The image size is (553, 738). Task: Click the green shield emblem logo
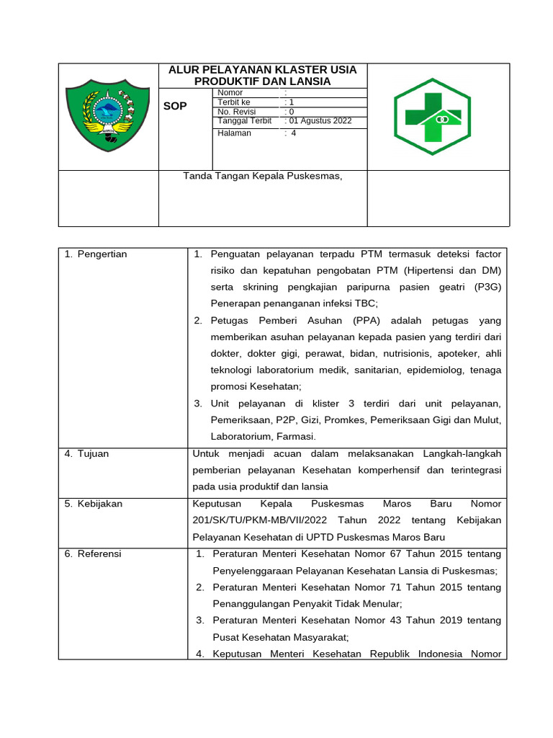coord(107,116)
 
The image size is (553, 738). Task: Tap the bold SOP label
coord(176,106)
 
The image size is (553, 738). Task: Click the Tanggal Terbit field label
coord(244,121)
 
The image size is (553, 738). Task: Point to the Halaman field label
coord(234,133)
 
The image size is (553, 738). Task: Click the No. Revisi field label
coord(235,112)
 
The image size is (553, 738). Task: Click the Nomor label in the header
coord(230,93)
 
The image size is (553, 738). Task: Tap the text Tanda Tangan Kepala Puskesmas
coord(263,175)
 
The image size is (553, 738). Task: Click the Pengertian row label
coord(101,254)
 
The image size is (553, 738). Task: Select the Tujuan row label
coord(93,454)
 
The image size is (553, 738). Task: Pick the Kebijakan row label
coord(99,504)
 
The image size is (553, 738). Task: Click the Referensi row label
coord(99,553)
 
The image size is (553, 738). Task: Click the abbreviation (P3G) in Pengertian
coord(487,287)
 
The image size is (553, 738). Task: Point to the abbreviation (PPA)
coord(368,321)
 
